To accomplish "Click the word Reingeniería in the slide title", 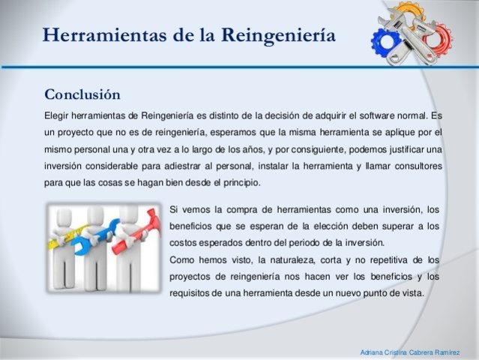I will tap(277, 35).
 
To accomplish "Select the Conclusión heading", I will tap(82, 95).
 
